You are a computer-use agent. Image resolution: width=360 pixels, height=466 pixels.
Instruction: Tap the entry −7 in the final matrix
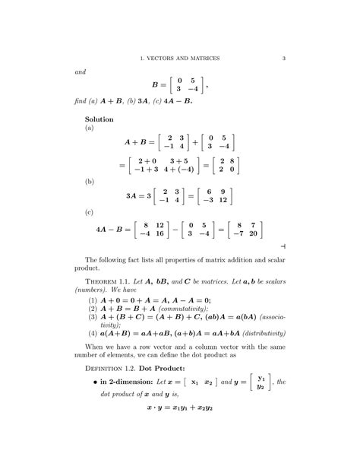237,233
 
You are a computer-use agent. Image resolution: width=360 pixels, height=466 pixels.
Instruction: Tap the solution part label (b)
89,182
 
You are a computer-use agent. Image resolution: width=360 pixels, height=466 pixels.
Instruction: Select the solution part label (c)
89,213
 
